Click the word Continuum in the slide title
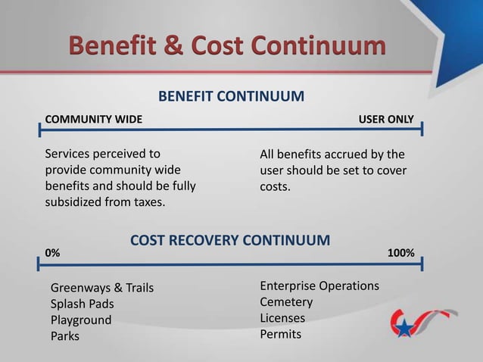[x=317, y=45]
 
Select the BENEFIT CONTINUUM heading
[x=231, y=97]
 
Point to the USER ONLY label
[x=385, y=120]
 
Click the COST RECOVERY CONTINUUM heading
[x=230, y=241]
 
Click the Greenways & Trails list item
[x=102, y=288]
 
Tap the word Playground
[x=80, y=320]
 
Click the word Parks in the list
[x=64, y=335]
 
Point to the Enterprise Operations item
[x=319, y=286]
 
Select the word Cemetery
[x=286, y=302]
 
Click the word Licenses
[x=282, y=318]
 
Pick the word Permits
[x=280, y=334]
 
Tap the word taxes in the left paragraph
[x=145, y=202]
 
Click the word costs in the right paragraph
[x=274, y=186]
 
